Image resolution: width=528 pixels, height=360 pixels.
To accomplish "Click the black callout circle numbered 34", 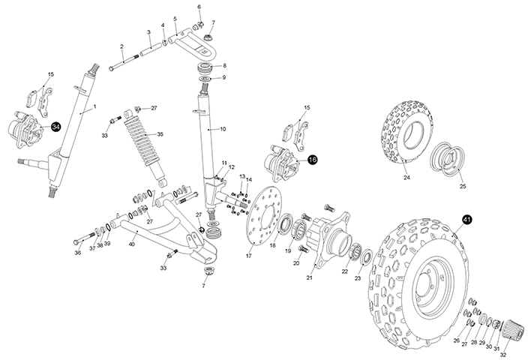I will click(56, 127).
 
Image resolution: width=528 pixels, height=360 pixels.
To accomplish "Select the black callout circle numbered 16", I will click(312, 160).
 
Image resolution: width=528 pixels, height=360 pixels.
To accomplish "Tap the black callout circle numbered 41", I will click(466, 219).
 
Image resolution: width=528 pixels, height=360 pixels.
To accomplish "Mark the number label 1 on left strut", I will click(94, 107).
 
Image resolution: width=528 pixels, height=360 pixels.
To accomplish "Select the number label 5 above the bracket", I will click(175, 18).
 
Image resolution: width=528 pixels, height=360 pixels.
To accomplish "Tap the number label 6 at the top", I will click(199, 7).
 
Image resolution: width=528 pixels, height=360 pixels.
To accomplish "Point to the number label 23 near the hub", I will click(358, 278).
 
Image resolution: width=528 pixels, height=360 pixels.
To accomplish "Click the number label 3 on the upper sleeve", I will click(148, 32).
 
